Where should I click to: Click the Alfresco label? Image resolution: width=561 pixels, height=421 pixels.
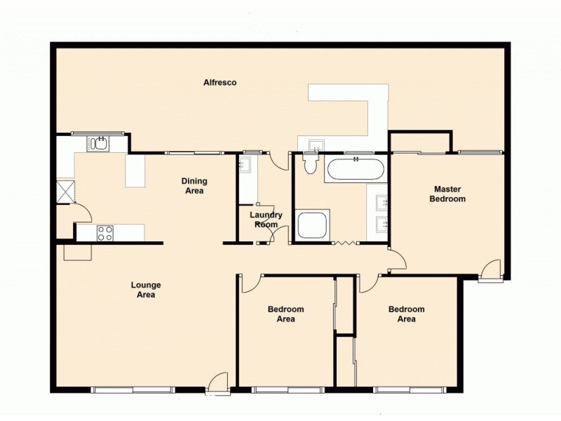(219, 83)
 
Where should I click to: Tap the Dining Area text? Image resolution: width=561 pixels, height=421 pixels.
(195, 186)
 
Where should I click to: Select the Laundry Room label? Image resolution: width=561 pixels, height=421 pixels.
(266, 220)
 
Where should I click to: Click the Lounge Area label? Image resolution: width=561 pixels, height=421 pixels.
(146, 290)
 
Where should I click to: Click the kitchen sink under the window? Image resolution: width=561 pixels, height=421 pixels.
(97, 144)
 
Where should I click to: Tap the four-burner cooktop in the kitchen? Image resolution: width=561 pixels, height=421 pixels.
(104, 233)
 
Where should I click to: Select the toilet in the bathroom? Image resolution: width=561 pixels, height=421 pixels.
(311, 162)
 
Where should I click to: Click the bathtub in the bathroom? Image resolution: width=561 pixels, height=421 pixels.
(354, 170)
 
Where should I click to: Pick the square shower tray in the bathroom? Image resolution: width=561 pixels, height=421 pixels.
(312, 225)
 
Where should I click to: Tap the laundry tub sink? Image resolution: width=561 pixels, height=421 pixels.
(245, 166)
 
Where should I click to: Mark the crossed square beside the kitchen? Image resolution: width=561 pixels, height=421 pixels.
(66, 190)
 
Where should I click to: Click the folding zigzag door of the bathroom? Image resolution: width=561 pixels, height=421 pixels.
(345, 243)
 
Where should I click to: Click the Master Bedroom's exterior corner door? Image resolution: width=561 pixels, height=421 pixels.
(492, 271)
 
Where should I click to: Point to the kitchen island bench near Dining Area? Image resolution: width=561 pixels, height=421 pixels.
(135, 171)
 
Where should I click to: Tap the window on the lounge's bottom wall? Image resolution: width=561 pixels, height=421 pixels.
(133, 389)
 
